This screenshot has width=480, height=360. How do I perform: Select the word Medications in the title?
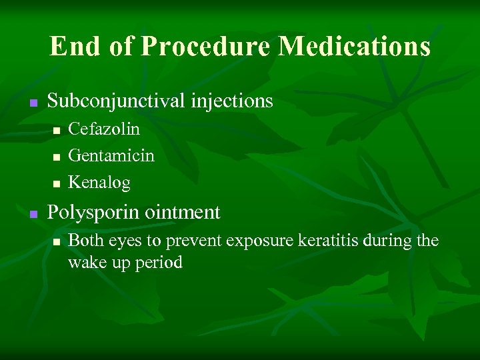pyautogui.click(x=354, y=47)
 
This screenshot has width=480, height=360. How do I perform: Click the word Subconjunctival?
pyautogui.click(x=117, y=101)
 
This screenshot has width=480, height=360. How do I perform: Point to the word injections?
pyautogui.click(x=233, y=101)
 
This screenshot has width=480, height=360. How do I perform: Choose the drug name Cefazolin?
pyautogui.click(x=104, y=129)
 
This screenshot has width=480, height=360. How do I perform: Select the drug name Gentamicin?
pyautogui.click(x=111, y=155)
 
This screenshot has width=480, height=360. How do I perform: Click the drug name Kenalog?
pyautogui.click(x=99, y=183)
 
